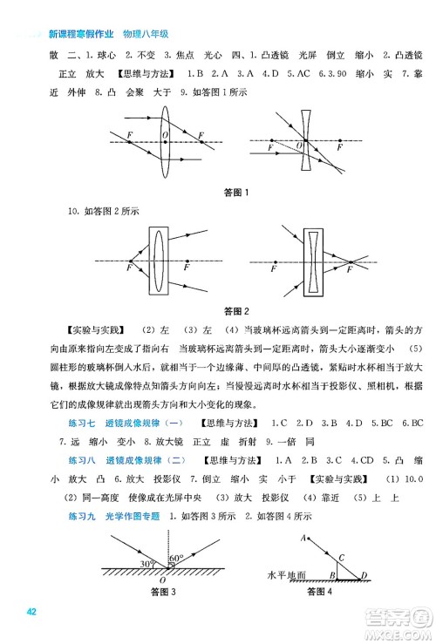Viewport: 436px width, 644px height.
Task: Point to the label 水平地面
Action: coord(289,576)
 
